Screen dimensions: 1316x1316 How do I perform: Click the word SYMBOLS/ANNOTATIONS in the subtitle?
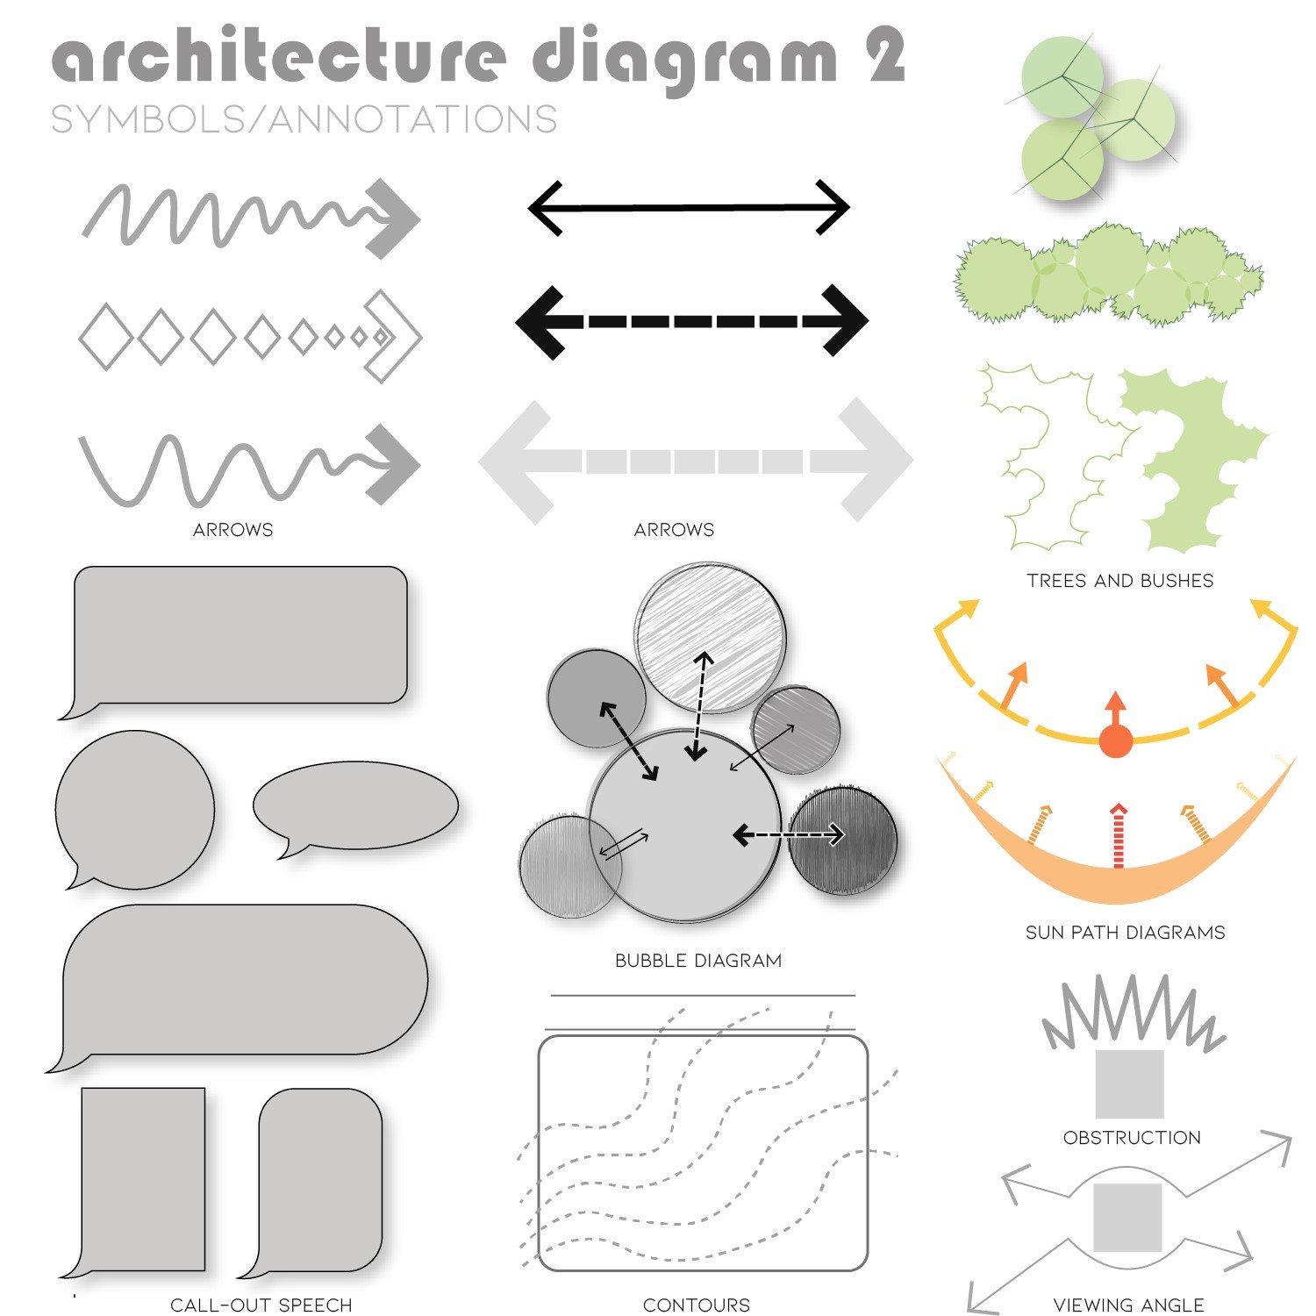[x=304, y=119]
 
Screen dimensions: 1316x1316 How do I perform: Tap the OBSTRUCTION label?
[x=1132, y=1138]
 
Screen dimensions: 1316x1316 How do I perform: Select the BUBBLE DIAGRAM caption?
[x=698, y=961]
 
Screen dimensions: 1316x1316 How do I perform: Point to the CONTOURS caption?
[x=697, y=1305]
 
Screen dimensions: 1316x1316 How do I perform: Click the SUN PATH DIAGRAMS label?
[x=1125, y=933]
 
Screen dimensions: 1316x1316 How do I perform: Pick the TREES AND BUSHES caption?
[x=1120, y=581]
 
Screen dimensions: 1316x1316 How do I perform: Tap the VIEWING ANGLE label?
[x=1128, y=1305]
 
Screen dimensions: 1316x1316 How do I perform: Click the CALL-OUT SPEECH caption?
[x=261, y=1305]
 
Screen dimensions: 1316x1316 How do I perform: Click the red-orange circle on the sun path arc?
[x=1116, y=740]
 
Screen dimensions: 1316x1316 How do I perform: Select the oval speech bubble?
[x=356, y=805]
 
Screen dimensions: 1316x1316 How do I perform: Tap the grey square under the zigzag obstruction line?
[x=1130, y=1084]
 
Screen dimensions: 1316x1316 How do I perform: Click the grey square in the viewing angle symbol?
[x=1127, y=1218]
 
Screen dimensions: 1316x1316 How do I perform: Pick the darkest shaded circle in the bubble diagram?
[x=843, y=840]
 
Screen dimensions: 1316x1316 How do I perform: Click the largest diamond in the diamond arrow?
[x=106, y=337]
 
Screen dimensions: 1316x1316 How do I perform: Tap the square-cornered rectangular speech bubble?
[x=143, y=1178]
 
